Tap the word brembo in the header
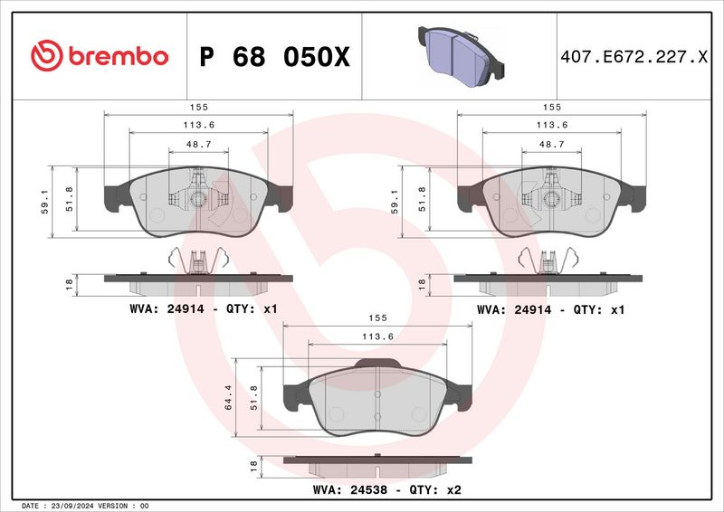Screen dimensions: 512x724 pyautogui.click(x=114, y=56)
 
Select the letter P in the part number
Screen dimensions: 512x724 pyautogui.click(x=206, y=57)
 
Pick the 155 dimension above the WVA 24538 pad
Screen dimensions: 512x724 pyautogui.click(x=378, y=318)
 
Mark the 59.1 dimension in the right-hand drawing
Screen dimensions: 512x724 pyautogui.click(x=395, y=200)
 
